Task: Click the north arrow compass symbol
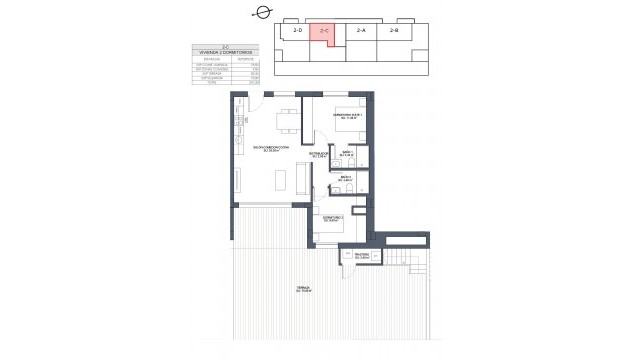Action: [x=263, y=12]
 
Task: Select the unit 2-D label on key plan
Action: [x=296, y=31]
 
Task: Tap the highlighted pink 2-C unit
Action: [x=323, y=32]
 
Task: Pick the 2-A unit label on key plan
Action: [x=361, y=31]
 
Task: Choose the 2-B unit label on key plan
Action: [x=393, y=31]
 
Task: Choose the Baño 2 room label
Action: [x=345, y=178]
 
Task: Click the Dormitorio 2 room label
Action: [x=333, y=219]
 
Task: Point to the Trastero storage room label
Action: [x=361, y=257]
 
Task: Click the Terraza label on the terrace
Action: [x=302, y=291]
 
